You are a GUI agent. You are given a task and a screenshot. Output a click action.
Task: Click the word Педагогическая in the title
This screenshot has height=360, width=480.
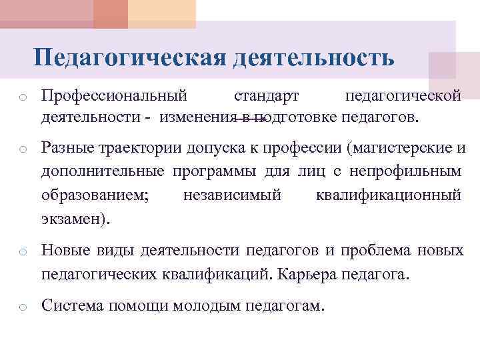(130, 57)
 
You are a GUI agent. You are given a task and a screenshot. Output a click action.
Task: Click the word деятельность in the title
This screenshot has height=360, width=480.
(313, 57)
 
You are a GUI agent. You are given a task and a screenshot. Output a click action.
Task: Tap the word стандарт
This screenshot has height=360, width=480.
(266, 96)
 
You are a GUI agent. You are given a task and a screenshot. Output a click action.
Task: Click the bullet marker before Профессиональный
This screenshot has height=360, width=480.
(22, 98)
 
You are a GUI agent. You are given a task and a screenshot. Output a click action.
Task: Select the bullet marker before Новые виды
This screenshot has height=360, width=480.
(22, 252)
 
